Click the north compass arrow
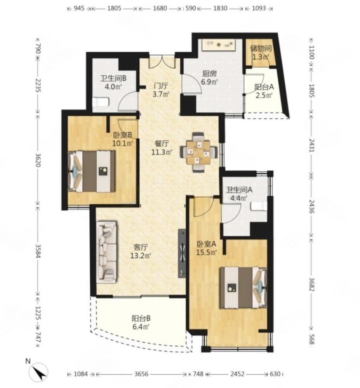[39, 372]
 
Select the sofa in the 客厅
[107, 252]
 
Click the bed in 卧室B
[92, 171]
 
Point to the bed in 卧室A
[243, 288]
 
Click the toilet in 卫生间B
[100, 102]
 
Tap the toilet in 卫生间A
[259, 206]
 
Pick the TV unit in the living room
[182, 253]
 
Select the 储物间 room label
[261, 48]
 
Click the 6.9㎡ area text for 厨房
[209, 81]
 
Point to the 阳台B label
[141, 318]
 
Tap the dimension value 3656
[141, 374]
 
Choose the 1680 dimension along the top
[160, 8]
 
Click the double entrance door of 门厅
[162, 62]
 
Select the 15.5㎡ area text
[207, 253]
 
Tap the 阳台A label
[264, 87]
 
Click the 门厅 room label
[161, 86]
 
